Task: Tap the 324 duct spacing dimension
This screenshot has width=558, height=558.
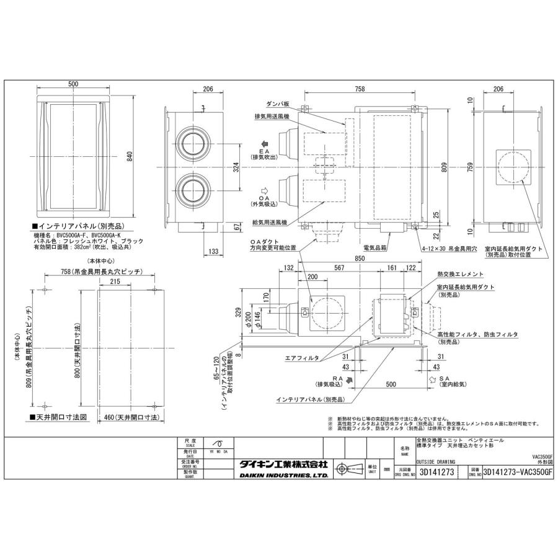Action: tap(235, 167)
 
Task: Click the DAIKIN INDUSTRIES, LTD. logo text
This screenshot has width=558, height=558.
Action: tap(283, 476)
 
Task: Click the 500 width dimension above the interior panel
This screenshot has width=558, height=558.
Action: tap(74, 84)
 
